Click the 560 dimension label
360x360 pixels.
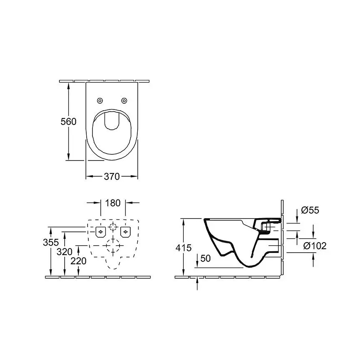tap(69, 122)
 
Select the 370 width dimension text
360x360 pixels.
tap(112, 177)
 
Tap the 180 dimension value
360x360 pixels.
tap(113, 203)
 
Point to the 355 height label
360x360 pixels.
tap(51, 243)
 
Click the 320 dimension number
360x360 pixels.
tap(65, 252)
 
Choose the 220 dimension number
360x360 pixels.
tap(78, 261)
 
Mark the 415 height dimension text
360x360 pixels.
tap(183, 248)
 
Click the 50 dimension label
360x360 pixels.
tap(206, 258)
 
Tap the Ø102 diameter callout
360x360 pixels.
tap(315, 246)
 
